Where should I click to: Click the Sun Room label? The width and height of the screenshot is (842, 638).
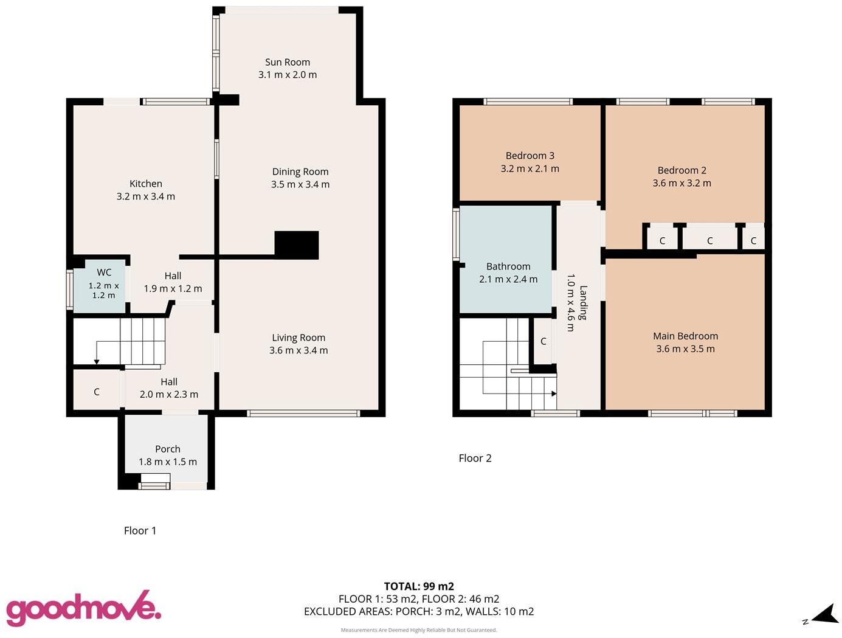[288, 62]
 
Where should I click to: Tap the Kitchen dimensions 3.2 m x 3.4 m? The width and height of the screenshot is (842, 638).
[145, 196]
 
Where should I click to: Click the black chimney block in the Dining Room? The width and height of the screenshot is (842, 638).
[297, 245]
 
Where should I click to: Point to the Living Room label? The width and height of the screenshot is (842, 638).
[298, 338]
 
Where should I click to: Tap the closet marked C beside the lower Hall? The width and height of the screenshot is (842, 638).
[97, 392]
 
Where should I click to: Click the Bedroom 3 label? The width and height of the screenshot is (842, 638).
[530, 156]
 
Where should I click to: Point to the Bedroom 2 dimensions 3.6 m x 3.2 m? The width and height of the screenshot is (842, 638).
[682, 183]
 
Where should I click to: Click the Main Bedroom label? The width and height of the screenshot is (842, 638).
[685, 336]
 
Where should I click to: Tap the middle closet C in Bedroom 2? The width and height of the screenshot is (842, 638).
[709, 241]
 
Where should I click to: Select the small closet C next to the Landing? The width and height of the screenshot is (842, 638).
[544, 341]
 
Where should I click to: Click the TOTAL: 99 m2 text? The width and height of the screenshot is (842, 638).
[419, 586]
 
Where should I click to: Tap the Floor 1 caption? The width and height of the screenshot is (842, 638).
[140, 530]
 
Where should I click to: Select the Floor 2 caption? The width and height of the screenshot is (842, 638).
[475, 458]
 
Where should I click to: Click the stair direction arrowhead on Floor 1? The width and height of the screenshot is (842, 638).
[97, 362]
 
